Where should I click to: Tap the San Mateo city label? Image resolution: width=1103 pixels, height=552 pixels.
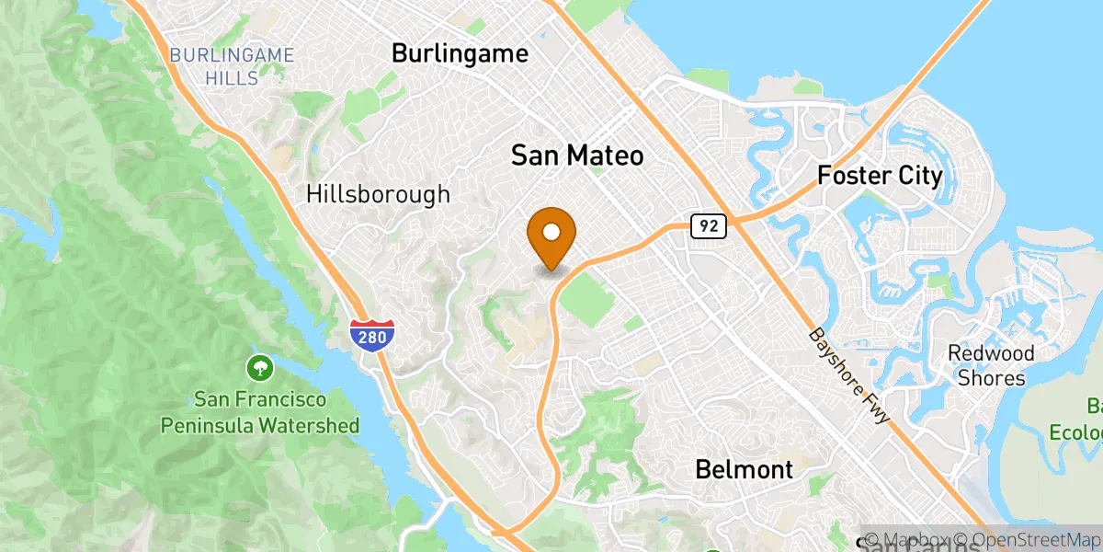[x=577, y=156]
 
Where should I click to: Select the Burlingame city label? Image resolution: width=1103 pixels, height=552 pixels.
[x=460, y=53]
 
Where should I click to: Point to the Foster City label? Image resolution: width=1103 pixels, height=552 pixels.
[x=880, y=176]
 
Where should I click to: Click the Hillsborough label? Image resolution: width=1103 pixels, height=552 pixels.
[x=379, y=194]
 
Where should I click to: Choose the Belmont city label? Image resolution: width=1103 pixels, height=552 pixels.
[x=744, y=470]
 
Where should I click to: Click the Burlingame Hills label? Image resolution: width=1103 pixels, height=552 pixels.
[x=232, y=67]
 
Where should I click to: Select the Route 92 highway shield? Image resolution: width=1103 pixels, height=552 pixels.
[x=710, y=225]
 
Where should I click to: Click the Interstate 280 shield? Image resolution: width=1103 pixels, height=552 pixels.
[x=372, y=337]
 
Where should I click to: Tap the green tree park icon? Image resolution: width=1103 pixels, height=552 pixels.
[x=260, y=370]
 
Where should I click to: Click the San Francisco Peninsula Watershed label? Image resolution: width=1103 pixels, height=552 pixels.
[x=260, y=413]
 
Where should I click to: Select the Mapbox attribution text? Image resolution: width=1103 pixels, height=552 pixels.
[x=908, y=539]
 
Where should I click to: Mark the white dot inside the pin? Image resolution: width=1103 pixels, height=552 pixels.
[x=551, y=231]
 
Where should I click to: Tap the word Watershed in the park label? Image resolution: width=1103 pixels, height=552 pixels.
[x=310, y=426]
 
